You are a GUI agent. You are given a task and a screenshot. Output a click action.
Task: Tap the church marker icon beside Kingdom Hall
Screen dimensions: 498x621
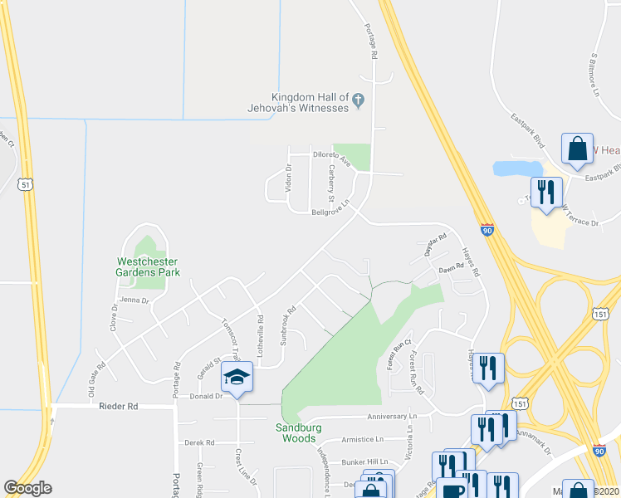(359, 100)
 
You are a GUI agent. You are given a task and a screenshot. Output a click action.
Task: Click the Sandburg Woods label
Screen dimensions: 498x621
(296, 432)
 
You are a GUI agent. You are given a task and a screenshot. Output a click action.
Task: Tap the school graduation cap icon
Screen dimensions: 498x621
(237, 378)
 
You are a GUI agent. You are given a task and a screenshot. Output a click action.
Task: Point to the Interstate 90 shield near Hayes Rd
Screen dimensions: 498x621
(487, 229)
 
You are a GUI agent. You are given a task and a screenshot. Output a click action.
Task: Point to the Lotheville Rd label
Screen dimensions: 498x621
(260, 330)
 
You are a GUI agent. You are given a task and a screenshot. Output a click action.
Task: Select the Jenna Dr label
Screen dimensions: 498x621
(134, 300)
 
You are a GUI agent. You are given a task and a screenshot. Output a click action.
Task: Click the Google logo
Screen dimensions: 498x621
(28, 488)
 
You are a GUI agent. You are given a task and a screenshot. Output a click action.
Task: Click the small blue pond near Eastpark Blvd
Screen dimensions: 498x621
(517, 168)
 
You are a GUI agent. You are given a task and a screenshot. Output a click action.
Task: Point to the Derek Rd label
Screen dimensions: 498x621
(200, 442)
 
